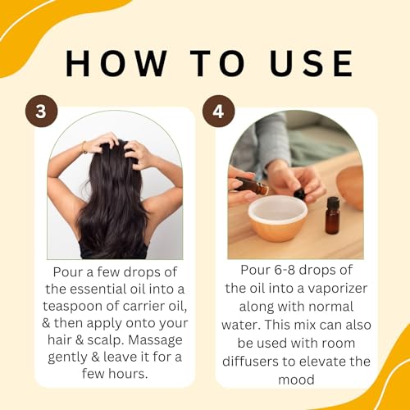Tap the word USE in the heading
click(x=302, y=64)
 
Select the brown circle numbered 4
click(x=217, y=112)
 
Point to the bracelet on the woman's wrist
click(x=83, y=148)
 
